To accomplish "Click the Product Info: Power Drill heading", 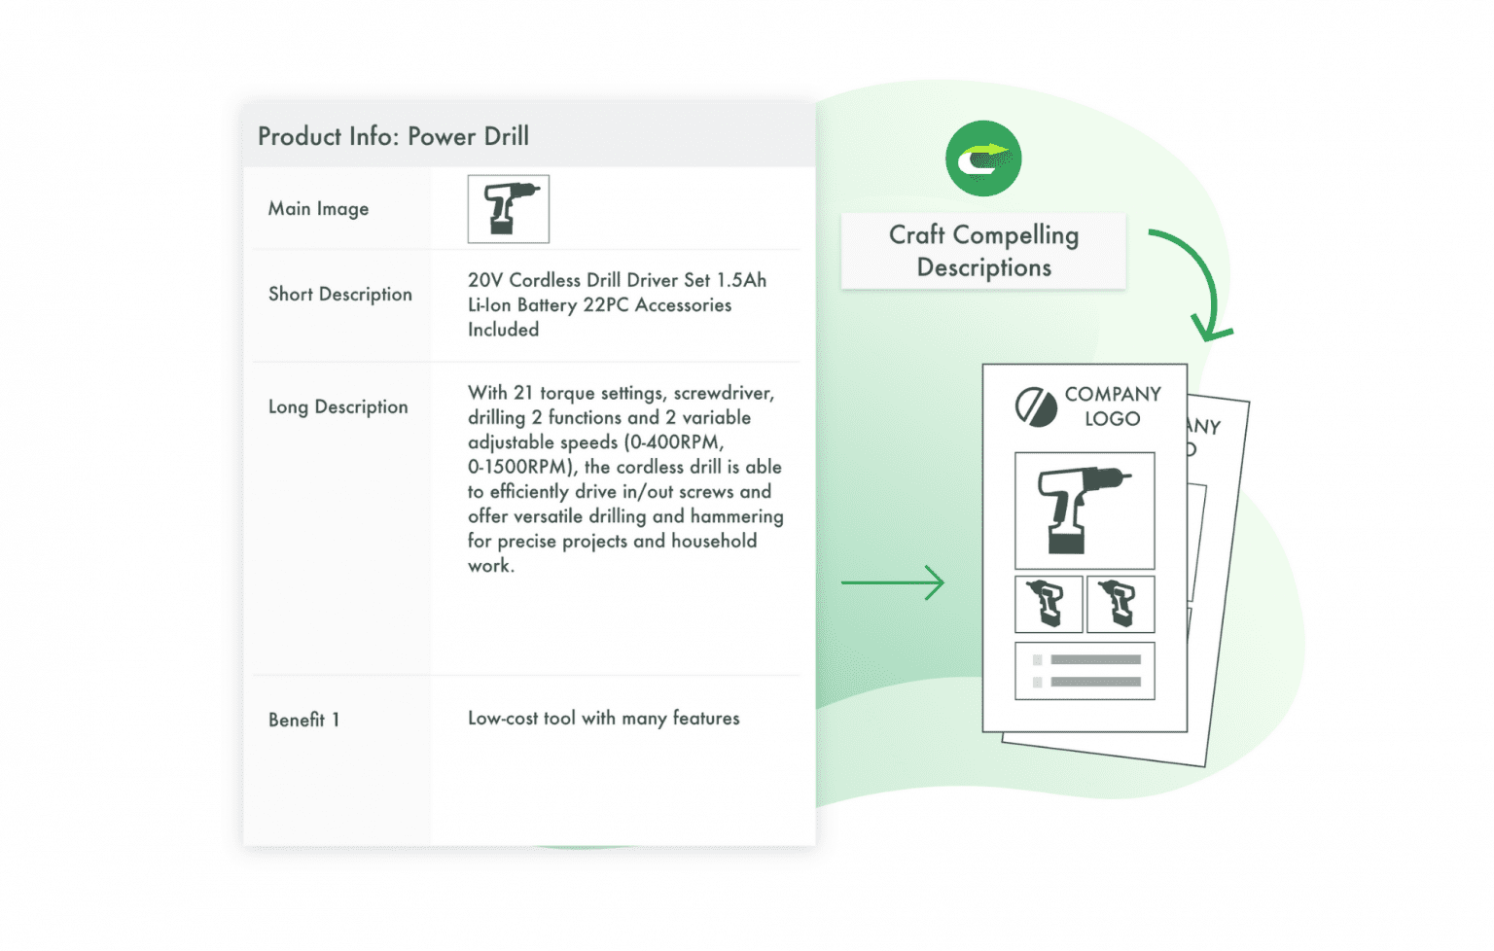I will (x=393, y=136).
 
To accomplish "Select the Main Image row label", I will (x=318, y=209).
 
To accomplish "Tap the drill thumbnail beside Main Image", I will (x=508, y=209).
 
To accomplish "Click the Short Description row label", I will (x=339, y=295).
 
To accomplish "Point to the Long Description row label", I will (x=338, y=407).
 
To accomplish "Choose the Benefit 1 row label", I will (x=303, y=720).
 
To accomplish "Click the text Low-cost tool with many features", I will (x=603, y=719).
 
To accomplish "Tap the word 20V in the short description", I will (x=485, y=280).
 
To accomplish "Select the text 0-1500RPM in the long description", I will (x=521, y=467).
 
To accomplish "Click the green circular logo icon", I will (x=983, y=158).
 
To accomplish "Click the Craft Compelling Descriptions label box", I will (x=983, y=251).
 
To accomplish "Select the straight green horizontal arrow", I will (x=892, y=582).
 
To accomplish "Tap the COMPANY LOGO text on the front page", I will (x=1112, y=406).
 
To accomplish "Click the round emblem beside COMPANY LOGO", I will (x=1036, y=407).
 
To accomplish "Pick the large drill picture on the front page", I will (x=1085, y=511).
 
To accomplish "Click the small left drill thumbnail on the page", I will (x=1049, y=604).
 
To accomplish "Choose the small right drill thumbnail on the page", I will (x=1120, y=604).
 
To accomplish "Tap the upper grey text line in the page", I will (x=1095, y=659).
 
